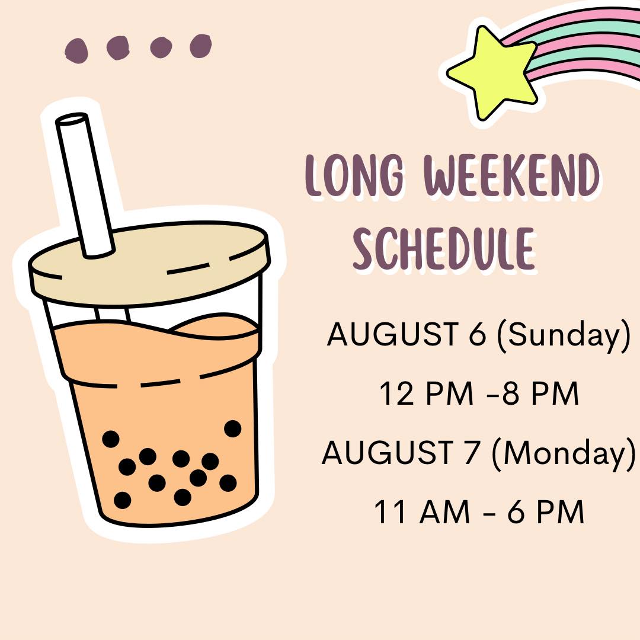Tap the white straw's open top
[x=72, y=119]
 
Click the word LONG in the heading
[x=355, y=175]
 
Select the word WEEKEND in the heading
[x=512, y=175]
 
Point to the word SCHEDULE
[x=444, y=248]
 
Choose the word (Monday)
[x=564, y=454]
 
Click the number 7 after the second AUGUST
[x=472, y=452]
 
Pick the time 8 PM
[x=540, y=393]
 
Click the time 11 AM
[x=422, y=511]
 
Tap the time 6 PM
[x=546, y=511]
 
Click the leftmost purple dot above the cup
[x=76, y=50]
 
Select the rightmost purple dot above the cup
[x=200, y=46]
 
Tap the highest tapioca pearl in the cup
[x=233, y=428]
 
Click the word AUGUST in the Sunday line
[x=392, y=334]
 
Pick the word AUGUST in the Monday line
[x=388, y=452]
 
